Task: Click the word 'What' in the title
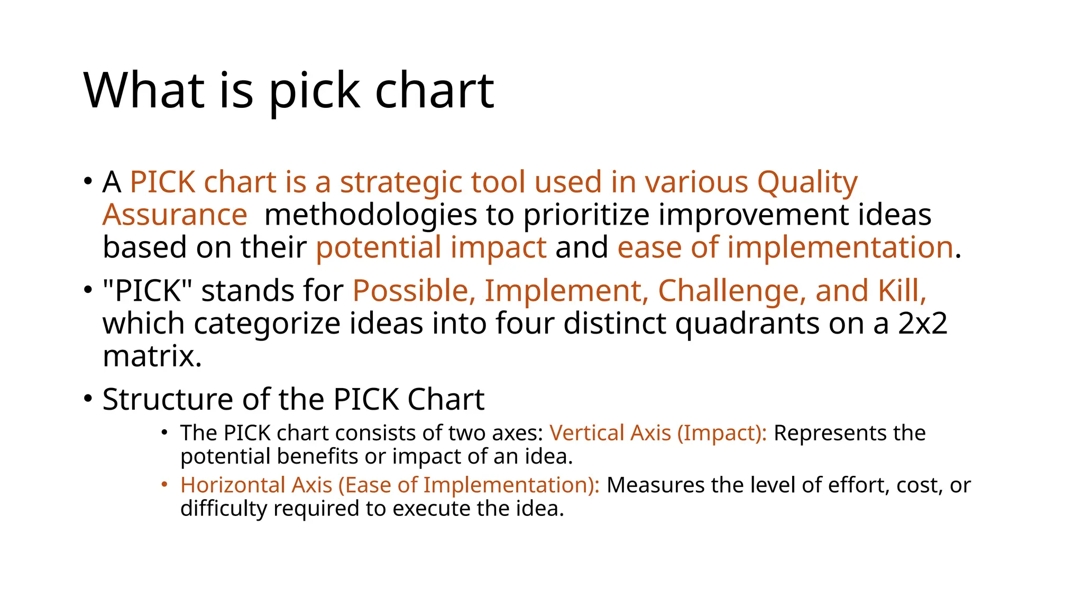tap(144, 90)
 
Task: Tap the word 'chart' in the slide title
tap(434, 90)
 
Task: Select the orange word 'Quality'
tap(807, 183)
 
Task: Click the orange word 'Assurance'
tap(175, 215)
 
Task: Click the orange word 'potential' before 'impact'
tap(378, 247)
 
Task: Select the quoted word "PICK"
tap(148, 291)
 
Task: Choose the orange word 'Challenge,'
tap(732, 291)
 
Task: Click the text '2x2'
tap(922, 324)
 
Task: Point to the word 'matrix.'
tap(152, 356)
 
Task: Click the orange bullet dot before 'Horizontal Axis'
tap(165, 484)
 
